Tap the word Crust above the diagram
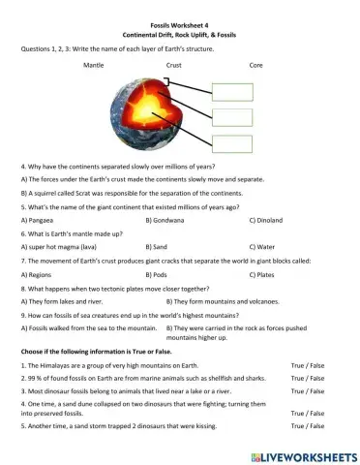[173, 64]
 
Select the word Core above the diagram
[255, 64]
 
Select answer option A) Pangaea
[40, 221]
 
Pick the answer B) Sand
[159, 246]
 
